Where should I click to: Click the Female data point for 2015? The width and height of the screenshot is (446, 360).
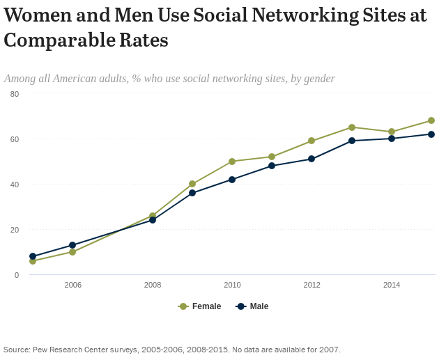431,120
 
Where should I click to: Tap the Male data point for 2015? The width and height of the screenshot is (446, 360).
431,134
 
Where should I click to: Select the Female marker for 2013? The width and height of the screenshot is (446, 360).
352,127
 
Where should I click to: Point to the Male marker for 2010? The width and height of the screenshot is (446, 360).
232,180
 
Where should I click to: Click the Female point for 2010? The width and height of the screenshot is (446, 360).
232,162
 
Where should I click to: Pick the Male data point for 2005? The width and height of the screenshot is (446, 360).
33,256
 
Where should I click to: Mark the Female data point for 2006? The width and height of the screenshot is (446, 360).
72,252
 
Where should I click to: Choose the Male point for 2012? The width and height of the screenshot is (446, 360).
312,159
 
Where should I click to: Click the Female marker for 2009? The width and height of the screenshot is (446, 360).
192,184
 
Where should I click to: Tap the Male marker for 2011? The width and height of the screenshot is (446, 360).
272,166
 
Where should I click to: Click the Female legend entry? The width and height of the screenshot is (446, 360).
200,306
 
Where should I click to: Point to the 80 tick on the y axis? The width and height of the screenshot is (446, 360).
15,94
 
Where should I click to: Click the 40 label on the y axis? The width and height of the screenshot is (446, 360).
15,185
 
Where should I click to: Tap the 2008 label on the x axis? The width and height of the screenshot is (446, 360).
153,285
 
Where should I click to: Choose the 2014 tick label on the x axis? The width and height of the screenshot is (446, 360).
392,285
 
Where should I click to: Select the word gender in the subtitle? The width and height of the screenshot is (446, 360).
317,79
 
